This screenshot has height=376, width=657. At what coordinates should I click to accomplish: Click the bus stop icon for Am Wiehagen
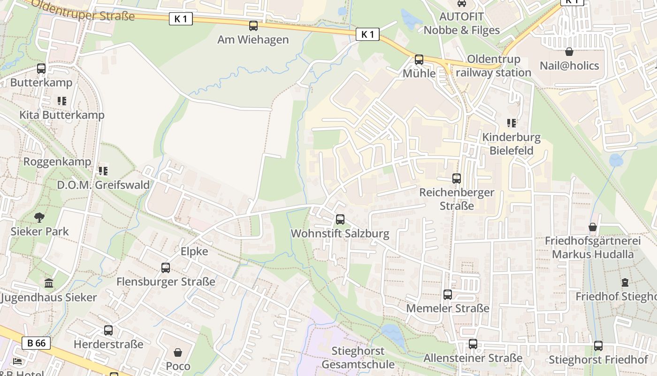[253, 25]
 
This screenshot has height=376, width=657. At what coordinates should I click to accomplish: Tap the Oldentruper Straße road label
[84, 10]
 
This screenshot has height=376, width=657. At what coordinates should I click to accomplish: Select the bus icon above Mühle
[419, 60]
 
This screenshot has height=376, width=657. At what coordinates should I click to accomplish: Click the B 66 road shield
[36, 343]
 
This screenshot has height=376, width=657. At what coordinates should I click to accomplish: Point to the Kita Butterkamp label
[62, 115]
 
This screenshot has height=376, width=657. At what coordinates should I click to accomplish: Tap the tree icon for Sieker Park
[39, 217]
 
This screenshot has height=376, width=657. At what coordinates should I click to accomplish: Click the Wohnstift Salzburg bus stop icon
[340, 219]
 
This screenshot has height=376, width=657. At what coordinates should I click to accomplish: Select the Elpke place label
[194, 251]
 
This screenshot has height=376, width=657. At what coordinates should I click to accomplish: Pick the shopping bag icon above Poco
[178, 352]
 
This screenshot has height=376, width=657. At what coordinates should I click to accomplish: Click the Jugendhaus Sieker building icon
[49, 283]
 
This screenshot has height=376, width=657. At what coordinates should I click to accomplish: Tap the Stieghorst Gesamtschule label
[358, 358]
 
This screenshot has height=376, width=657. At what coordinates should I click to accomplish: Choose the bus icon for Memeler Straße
[448, 295]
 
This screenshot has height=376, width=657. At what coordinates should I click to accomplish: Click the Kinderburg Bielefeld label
[512, 144]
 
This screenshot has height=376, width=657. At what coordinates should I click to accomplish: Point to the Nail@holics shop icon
[569, 52]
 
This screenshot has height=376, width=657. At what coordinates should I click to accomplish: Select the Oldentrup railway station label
[493, 66]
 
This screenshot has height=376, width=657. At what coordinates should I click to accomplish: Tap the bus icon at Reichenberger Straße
[457, 179]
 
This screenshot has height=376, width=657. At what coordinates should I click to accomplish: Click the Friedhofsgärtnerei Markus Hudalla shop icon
[593, 227]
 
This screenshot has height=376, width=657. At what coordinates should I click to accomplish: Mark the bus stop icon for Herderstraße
[108, 330]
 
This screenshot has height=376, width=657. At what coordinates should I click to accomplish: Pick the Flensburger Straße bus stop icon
[166, 268]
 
